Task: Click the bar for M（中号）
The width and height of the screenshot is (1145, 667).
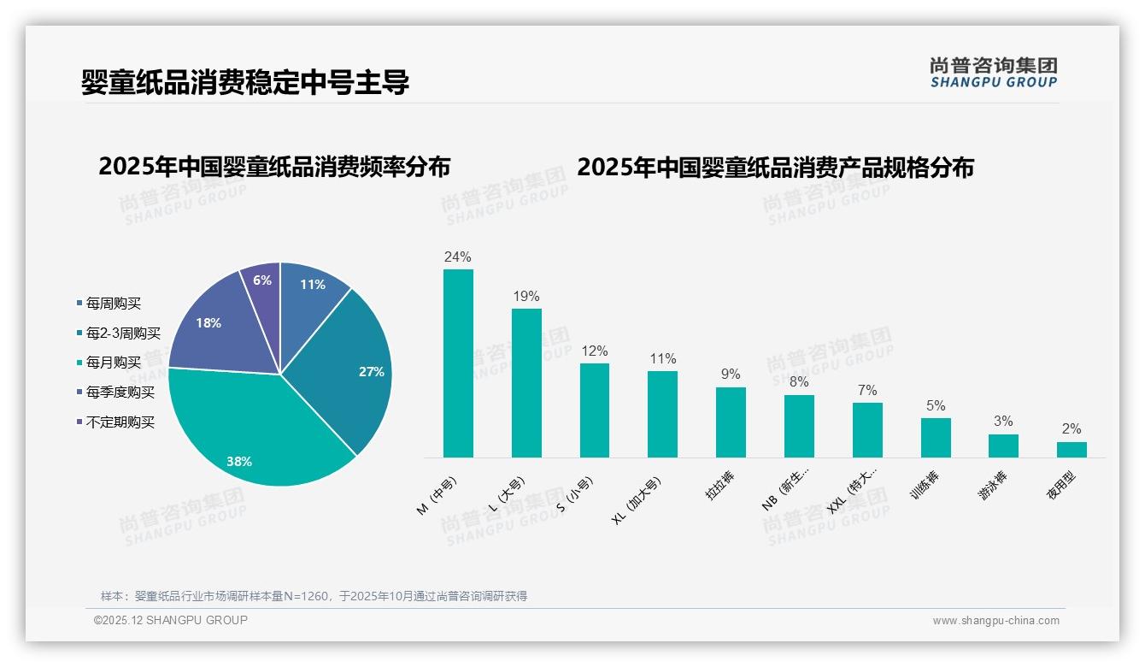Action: click(x=458, y=363)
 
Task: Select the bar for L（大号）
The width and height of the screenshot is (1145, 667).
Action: click(x=526, y=383)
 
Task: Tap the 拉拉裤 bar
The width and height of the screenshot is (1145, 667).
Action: click(x=731, y=422)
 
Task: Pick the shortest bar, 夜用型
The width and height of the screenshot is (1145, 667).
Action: click(x=1072, y=450)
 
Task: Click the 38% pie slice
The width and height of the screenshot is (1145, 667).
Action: click(x=256, y=428)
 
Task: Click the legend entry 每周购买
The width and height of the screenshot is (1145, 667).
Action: click(x=113, y=303)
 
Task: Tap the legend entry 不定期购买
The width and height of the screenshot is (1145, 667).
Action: click(x=120, y=422)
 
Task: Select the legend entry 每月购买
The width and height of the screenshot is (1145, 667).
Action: click(x=113, y=363)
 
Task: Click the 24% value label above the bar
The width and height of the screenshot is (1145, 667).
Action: click(x=458, y=257)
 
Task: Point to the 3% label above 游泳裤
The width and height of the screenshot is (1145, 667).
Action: click(x=1003, y=421)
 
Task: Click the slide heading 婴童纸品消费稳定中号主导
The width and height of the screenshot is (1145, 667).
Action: click(x=245, y=82)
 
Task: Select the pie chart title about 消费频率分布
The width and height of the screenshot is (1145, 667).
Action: click(x=274, y=166)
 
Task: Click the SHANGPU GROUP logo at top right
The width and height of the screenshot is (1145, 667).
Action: click(x=993, y=73)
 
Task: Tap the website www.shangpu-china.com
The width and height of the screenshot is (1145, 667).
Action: click(x=995, y=621)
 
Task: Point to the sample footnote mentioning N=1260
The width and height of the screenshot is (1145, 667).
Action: click(x=314, y=596)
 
